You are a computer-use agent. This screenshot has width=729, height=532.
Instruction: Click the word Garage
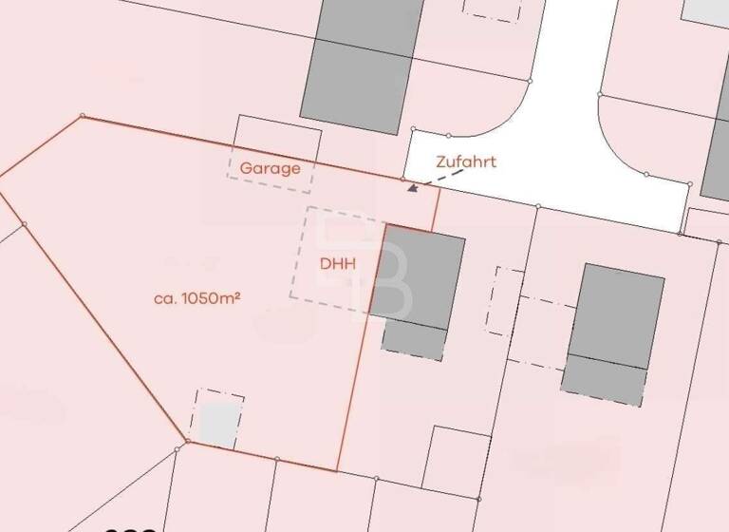[270, 169]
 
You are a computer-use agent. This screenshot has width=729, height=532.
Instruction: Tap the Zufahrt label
[465, 161]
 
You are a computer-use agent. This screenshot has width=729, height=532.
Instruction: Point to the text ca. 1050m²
[196, 297]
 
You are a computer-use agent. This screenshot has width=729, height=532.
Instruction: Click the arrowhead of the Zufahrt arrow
[412, 188]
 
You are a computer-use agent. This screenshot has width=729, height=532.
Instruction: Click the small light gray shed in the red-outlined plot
[216, 423]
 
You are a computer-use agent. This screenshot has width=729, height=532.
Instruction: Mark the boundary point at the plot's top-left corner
[83, 116]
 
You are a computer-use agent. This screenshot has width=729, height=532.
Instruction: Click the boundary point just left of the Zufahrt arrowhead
[402, 179]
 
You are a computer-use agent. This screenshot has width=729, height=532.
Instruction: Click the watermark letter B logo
[380, 275]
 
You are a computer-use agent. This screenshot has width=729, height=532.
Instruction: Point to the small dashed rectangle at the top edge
[492, 9]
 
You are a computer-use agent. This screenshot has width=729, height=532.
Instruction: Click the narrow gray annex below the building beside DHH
[413, 340]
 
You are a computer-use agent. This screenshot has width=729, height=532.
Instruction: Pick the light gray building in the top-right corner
[707, 11]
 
